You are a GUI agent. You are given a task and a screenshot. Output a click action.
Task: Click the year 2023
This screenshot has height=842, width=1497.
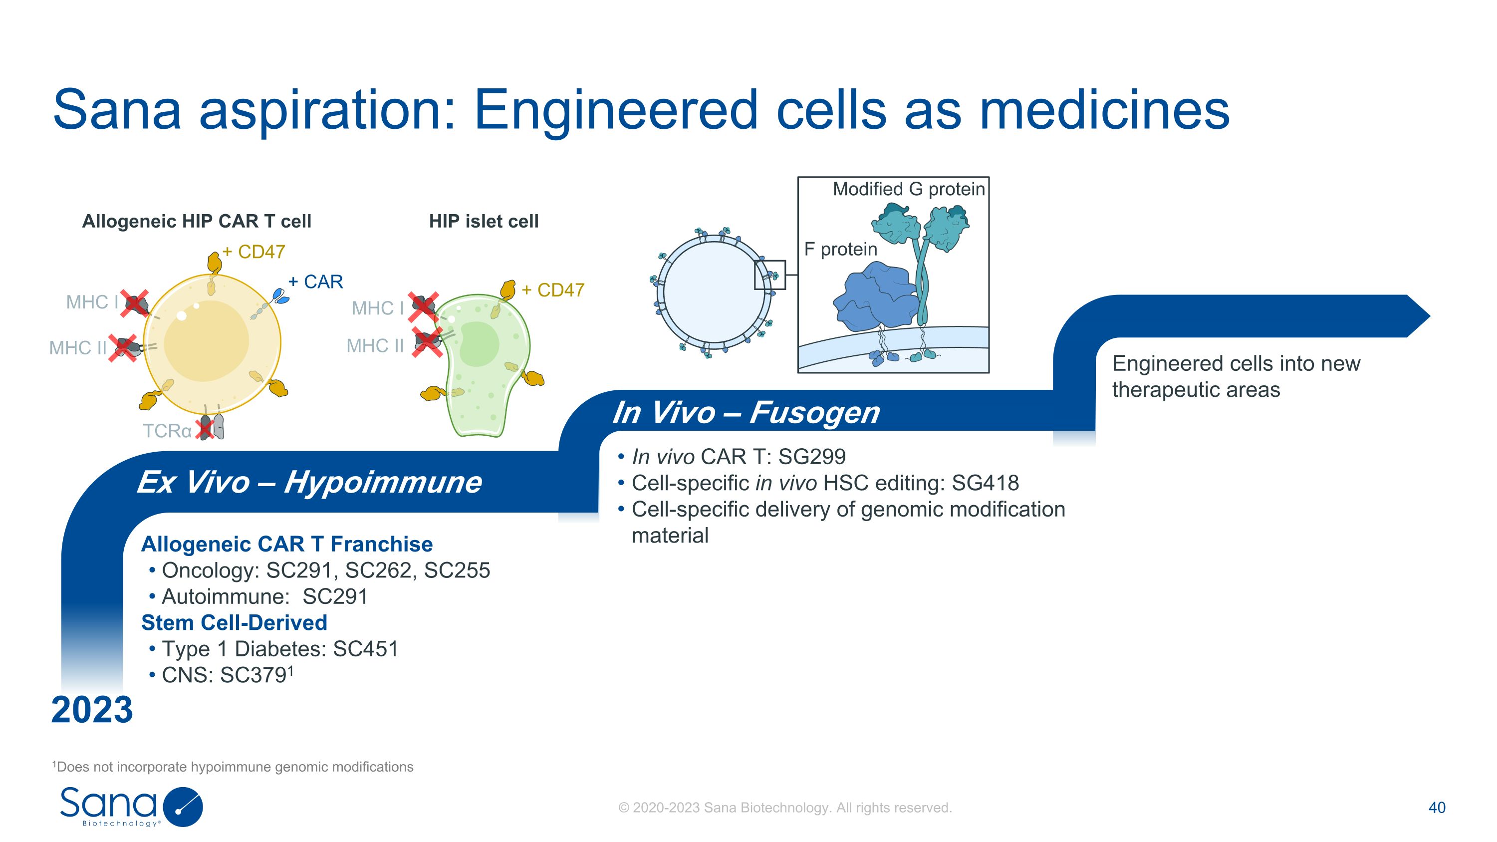click(x=92, y=710)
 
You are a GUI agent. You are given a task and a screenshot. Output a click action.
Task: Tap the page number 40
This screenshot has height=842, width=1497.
click(x=1437, y=807)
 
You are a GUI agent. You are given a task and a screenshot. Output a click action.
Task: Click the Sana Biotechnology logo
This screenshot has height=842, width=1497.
click(x=131, y=806)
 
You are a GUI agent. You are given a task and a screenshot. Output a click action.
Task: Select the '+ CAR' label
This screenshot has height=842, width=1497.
click(x=315, y=282)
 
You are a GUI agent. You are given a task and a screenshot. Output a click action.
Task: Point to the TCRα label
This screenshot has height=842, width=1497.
click(x=167, y=431)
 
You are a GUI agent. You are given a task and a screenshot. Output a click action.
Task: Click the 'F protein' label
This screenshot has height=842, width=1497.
click(x=840, y=249)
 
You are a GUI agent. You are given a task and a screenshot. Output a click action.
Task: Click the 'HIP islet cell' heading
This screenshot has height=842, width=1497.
click(x=484, y=222)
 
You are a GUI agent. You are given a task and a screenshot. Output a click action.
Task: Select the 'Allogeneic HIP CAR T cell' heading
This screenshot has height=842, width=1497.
click(x=197, y=222)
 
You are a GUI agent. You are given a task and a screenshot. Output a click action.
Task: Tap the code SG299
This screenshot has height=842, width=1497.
click(x=812, y=457)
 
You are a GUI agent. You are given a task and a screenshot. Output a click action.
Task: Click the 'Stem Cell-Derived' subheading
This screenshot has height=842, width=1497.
click(x=234, y=622)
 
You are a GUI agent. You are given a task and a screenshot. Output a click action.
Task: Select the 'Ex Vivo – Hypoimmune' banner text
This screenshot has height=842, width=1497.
click(x=309, y=482)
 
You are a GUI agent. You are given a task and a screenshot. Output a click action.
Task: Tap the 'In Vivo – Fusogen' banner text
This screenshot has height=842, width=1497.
click(x=746, y=413)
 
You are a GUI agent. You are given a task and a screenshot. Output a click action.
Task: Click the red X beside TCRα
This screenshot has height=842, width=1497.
click(x=205, y=428)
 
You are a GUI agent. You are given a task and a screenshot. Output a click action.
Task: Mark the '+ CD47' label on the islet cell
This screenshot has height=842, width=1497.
click(x=553, y=290)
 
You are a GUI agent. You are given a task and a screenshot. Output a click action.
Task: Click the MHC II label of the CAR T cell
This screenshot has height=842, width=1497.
click(x=78, y=347)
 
